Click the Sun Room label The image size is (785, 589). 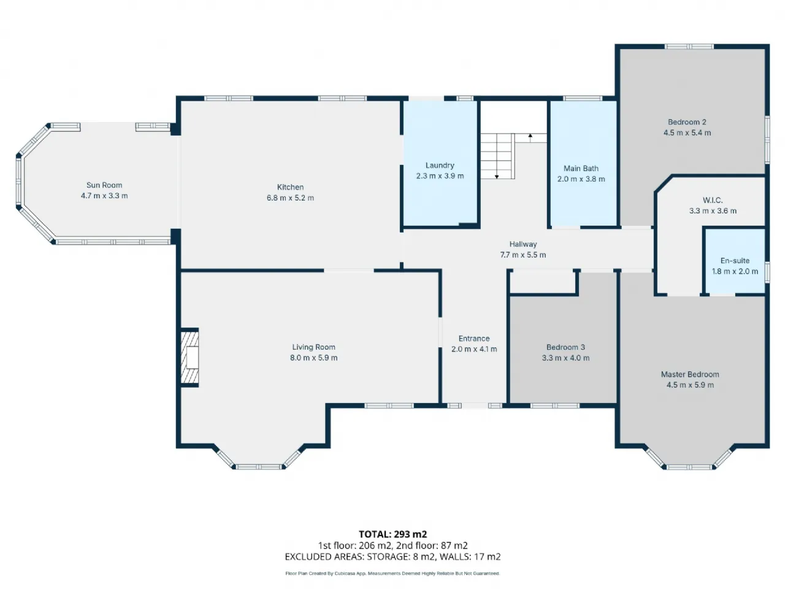(x=104, y=185)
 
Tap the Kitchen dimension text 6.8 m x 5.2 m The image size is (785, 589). (x=290, y=198)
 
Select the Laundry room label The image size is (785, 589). (x=440, y=165)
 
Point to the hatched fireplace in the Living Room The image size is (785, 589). (x=190, y=357)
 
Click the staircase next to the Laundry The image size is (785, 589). (x=497, y=156)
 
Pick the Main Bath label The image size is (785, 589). (x=581, y=169)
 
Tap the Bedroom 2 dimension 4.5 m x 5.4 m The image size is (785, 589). (x=687, y=133)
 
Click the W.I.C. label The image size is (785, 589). (x=713, y=200)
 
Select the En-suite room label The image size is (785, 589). (x=735, y=261)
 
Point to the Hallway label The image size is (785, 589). (x=523, y=244)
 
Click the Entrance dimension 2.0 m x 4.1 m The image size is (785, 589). (x=474, y=349)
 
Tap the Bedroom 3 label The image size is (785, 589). (x=565, y=347)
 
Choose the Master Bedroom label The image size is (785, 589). (x=690, y=374)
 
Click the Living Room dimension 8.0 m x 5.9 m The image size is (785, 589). (x=313, y=358)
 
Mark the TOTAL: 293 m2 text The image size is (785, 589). (x=392, y=534)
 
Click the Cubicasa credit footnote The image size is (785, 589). (x=392, y=573)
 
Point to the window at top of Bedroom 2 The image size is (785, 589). (x=689, y=47)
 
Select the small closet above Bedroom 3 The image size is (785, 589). (x=543, y=282)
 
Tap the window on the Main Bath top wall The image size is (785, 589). (x=583, y=98)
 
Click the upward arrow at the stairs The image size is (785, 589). (x=530, y=138)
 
